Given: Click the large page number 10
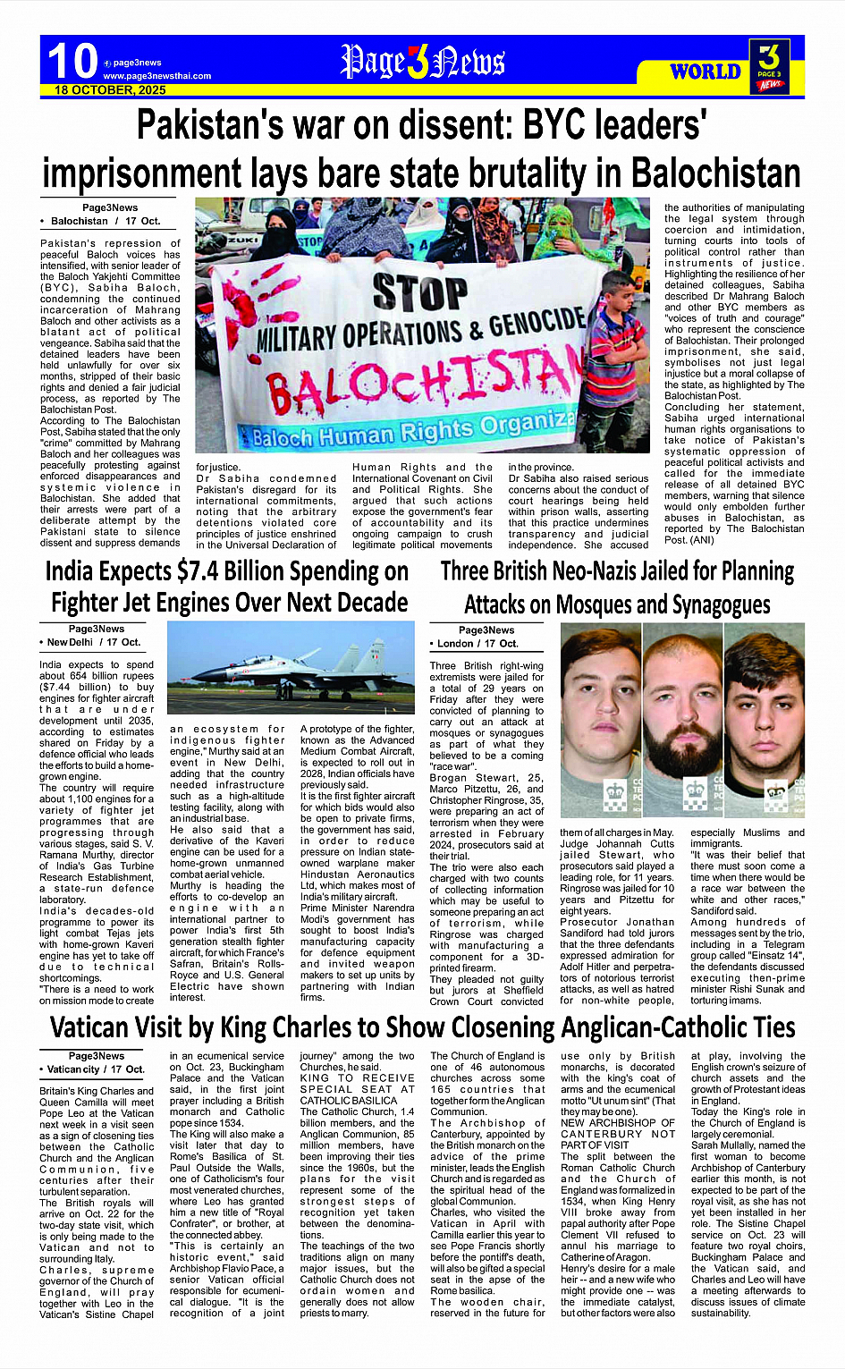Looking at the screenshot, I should [72, 61].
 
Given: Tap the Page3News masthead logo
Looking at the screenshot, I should [422, 62].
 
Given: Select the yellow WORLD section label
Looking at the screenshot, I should [706, 72].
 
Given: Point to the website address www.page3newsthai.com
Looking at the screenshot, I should [157, 76].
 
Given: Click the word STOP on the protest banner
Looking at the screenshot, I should [420, 293].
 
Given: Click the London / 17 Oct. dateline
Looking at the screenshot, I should [477, 644].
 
